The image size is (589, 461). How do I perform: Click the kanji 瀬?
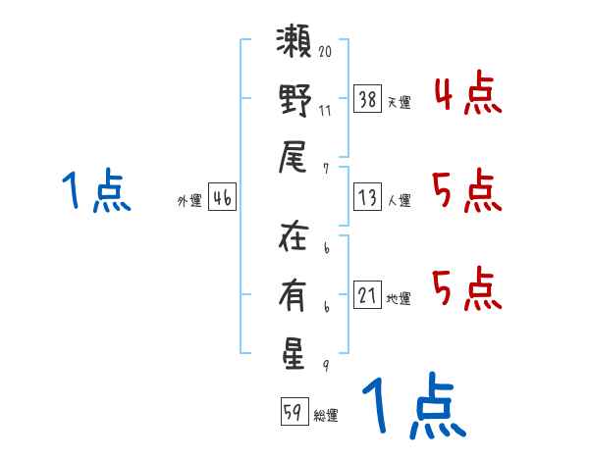coord(294,40)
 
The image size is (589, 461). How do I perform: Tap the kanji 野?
coord(294,100)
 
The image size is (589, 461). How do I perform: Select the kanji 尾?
coord(293,157)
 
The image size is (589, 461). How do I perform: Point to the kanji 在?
coord(294,235)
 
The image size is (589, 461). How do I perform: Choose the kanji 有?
coord(293,295)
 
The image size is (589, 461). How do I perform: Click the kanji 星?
coord(293,354)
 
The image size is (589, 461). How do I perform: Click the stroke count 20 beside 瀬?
coord(325,51)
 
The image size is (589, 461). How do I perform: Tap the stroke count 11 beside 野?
coord(325,111)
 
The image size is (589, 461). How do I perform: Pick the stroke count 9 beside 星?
coord(326,366)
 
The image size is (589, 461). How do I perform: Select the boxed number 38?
coord(367,99)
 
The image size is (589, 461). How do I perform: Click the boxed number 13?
coord(367,197)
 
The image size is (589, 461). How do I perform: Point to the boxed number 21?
coord(367,294)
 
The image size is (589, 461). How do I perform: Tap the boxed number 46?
coord(222,197)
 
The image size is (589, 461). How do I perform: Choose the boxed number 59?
coord(294,411)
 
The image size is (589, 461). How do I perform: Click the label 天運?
coord(400,102)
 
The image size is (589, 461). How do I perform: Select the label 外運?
coord(189,200)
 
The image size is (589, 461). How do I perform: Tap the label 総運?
coord(326,415)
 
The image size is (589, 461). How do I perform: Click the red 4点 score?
coord(468,93)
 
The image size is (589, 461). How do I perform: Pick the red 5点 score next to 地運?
coord(467,288)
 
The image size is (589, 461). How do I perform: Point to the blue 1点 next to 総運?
coord(414,405)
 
